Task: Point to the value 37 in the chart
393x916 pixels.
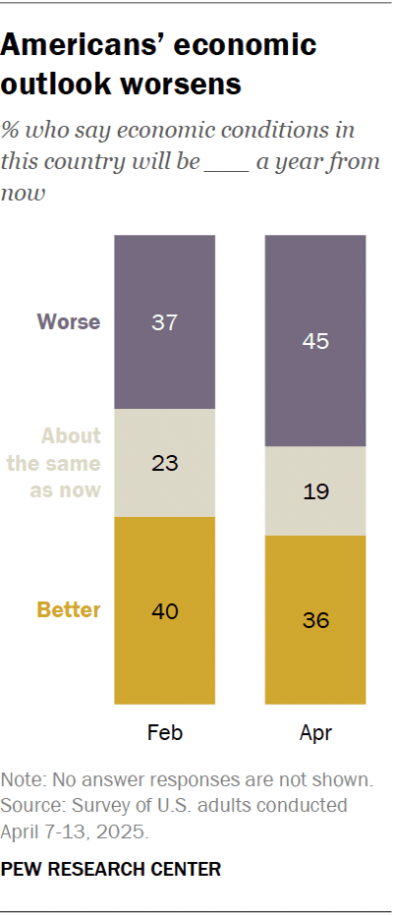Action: (164, 321)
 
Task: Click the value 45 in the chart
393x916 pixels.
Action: (315, 341)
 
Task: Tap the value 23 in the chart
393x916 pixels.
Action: (164, 463)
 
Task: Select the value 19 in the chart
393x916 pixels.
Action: (315, 491)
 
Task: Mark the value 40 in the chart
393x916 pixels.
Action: (164, 610)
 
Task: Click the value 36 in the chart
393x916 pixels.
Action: (315, 620)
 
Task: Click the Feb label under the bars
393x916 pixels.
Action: (164, 733)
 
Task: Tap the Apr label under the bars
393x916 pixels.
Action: (315, 733)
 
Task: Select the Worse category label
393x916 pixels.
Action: (69, 321)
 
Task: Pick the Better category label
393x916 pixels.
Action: (69, 610)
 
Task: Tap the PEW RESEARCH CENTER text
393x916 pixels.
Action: (111, 869)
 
